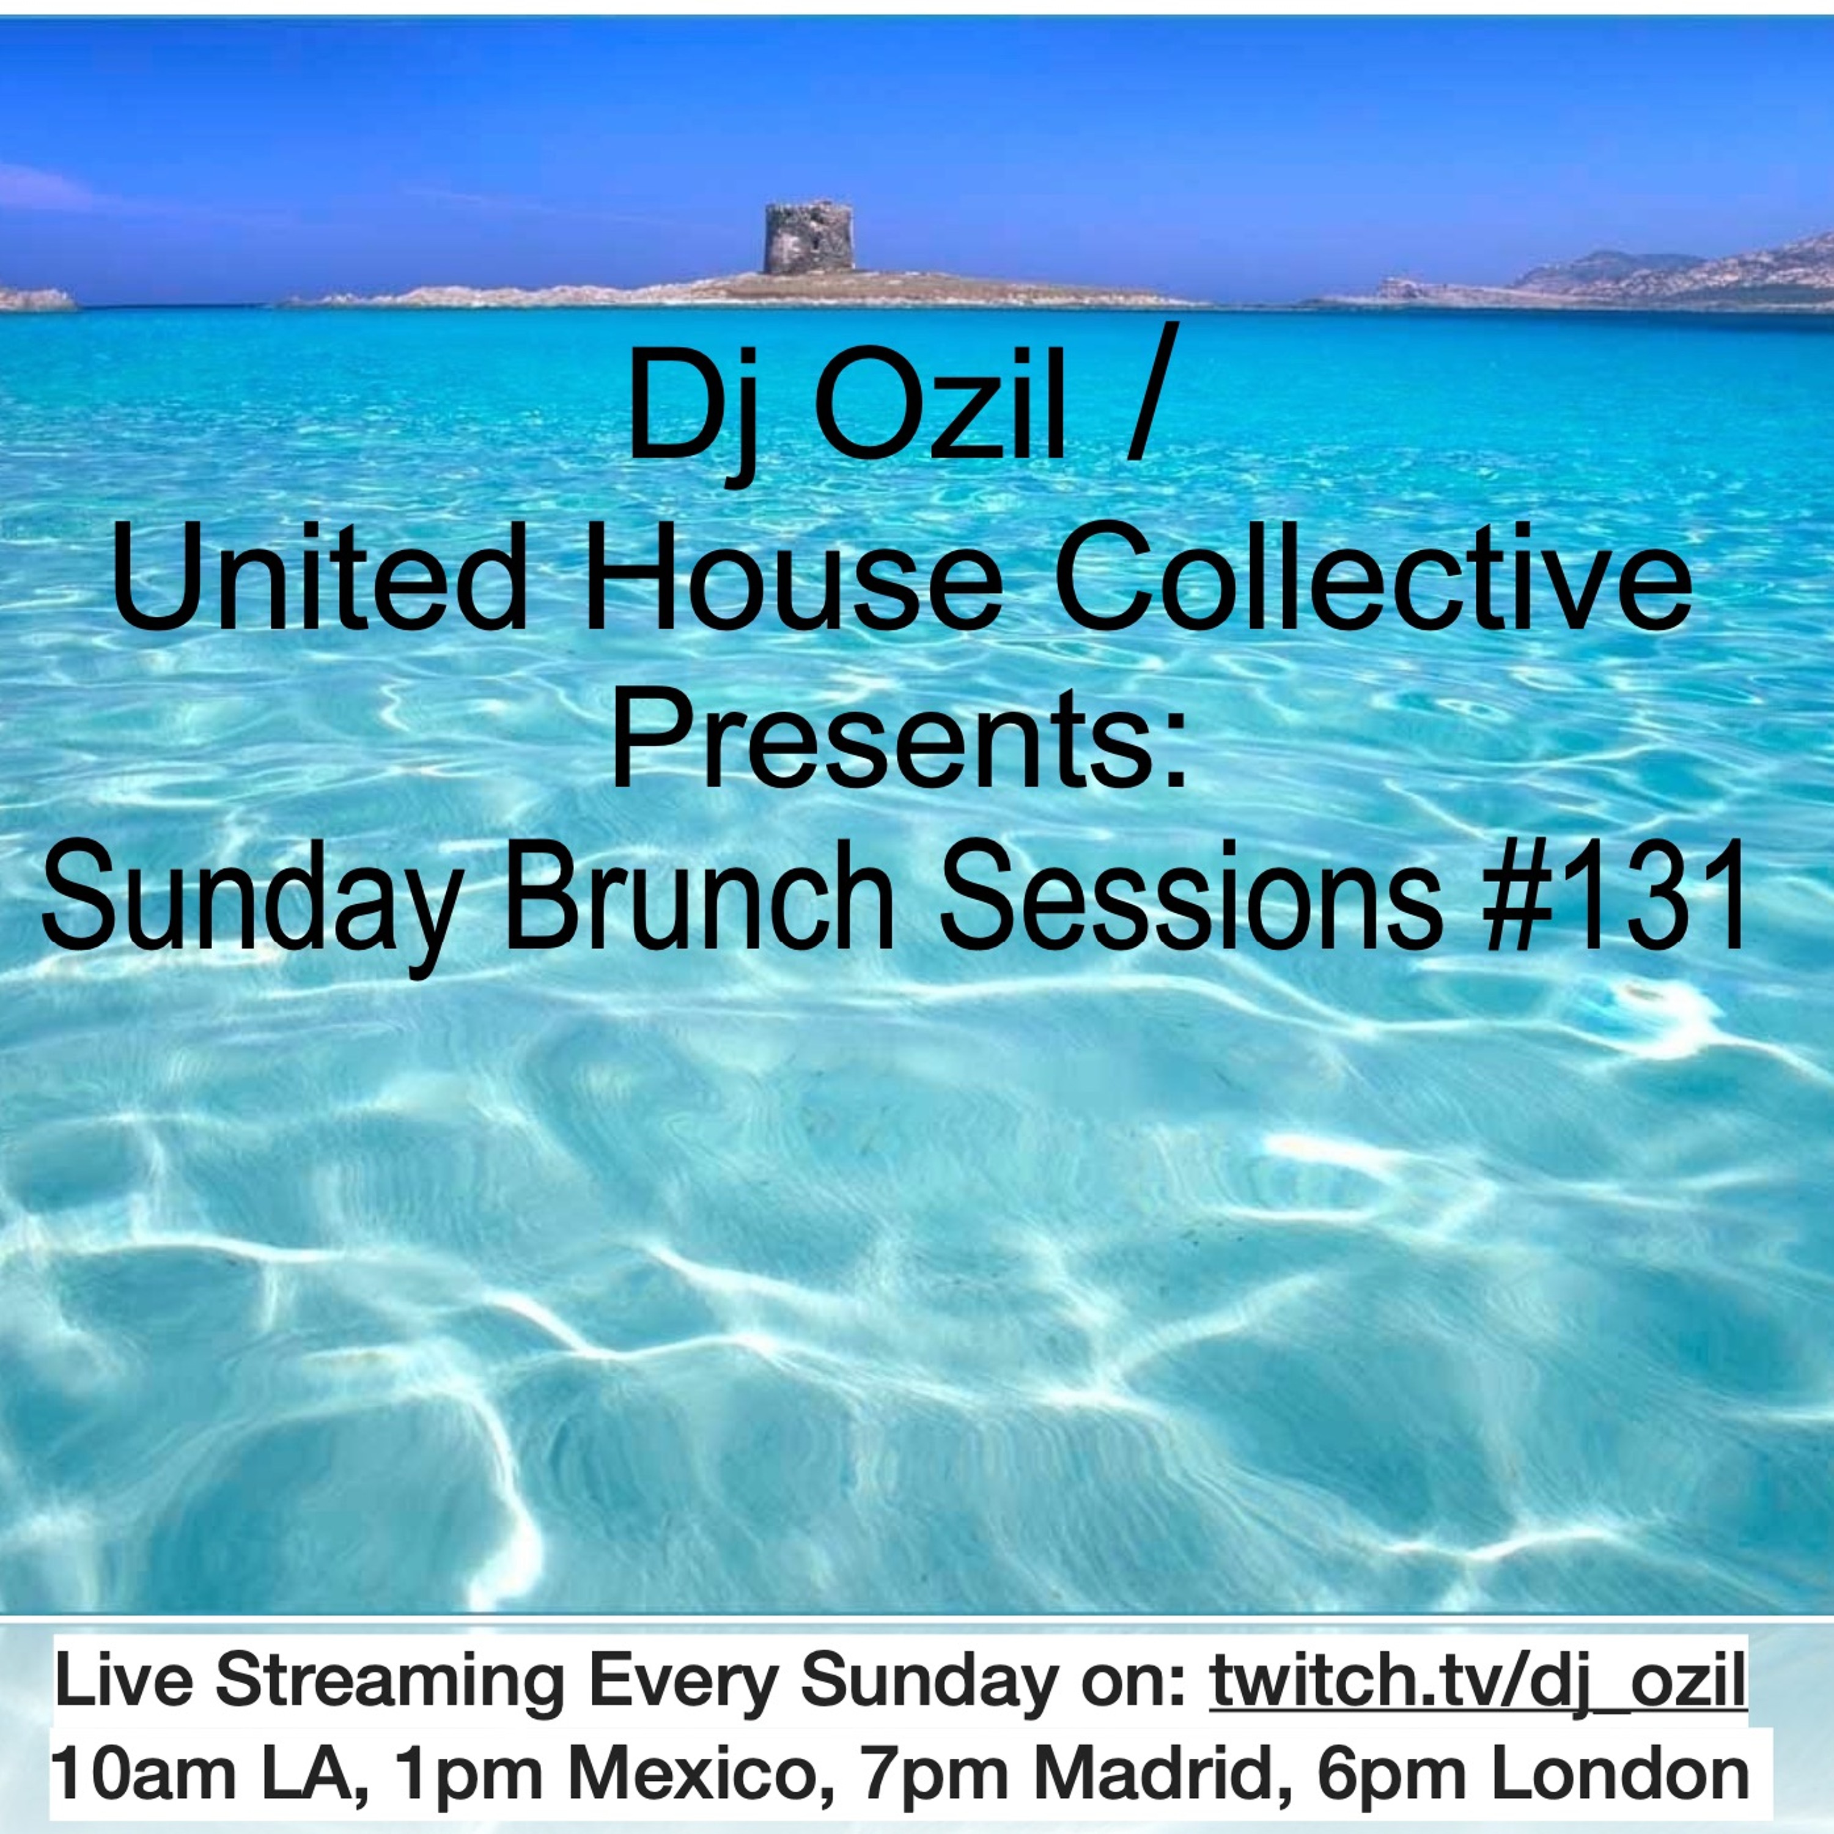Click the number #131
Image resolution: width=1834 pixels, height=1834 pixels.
pyautogui.click(x=1616, y=901)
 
